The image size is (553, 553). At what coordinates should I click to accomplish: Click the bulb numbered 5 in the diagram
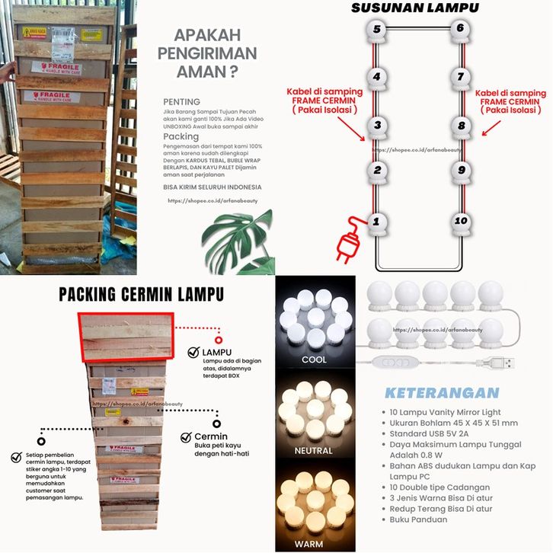pyautogui.click(x=375, y=30)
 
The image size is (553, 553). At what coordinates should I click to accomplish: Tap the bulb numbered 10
pyautogui.click(x=460, y=222)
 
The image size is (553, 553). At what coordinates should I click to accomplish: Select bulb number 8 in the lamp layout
pyautogui.click(x=460, y=126)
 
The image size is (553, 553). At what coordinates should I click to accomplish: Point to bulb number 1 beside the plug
pyautogui.click(x=375, y=222)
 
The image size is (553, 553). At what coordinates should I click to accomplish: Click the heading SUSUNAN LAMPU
pyautogui.click(x=414, y=8)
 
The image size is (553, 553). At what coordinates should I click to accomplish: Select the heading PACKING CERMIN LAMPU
pyautogui.click(x=141, y=293)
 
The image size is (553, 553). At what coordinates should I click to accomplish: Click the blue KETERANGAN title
pyautogui.click(x=442, y=393)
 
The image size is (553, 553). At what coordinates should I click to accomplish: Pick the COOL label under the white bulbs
pyautogui.click(x=314, y=360)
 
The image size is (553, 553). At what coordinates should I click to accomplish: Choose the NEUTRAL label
pyautogui.click(x=314, y=450)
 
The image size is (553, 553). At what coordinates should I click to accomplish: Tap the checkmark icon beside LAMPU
pyautogui.click(x=194, y=353)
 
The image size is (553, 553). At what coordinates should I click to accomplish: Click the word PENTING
pyautogui.click(x=181, y=102)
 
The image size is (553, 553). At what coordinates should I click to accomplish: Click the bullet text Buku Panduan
pyautogui.click(x=420, y=519)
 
